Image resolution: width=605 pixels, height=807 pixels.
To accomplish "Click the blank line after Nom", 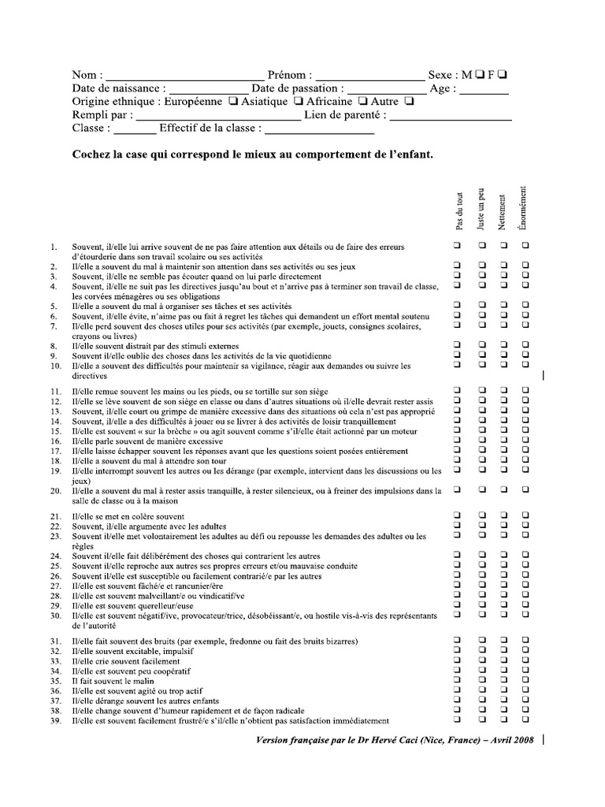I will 181,78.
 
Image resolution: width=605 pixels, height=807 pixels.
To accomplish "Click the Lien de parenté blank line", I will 450,118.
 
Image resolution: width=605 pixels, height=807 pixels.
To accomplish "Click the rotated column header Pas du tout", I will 459,212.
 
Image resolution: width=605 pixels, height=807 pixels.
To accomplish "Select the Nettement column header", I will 502,212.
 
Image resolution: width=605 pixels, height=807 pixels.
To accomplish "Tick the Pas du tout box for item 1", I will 457,247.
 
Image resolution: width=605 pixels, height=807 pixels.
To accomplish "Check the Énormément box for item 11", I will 525,391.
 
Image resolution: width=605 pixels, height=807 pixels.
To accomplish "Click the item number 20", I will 55,490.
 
